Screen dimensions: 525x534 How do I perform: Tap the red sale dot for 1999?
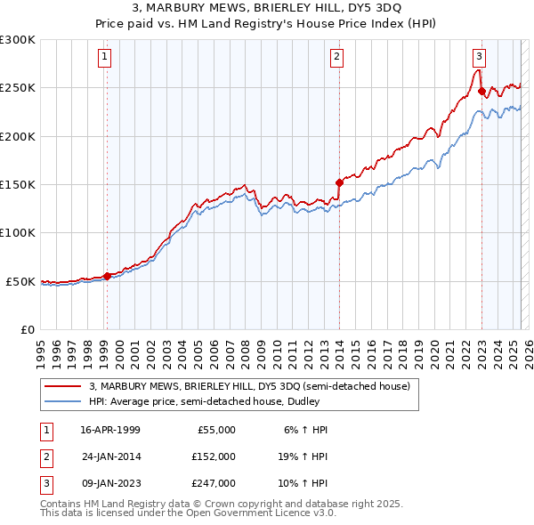click(107, 276)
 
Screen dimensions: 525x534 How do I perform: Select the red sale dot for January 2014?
click(339, 182)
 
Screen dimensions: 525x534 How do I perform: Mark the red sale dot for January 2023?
click(481, 91)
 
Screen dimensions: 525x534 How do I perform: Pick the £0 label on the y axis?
click(28, 329)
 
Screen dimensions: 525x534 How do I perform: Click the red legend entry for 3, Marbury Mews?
click(249, 386)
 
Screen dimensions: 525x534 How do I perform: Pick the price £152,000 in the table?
click(214, 456)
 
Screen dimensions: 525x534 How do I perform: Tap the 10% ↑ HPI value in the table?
click(302, 483)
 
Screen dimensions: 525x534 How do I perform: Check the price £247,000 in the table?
click(214, 483)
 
